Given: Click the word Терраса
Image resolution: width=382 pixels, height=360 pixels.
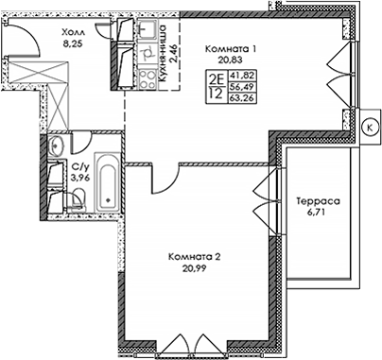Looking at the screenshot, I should [x=317, y=202].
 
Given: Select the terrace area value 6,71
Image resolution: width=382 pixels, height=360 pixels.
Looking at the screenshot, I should [x=317, y=215].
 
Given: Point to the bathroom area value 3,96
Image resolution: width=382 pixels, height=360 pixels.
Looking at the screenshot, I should [x=79, y=177].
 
